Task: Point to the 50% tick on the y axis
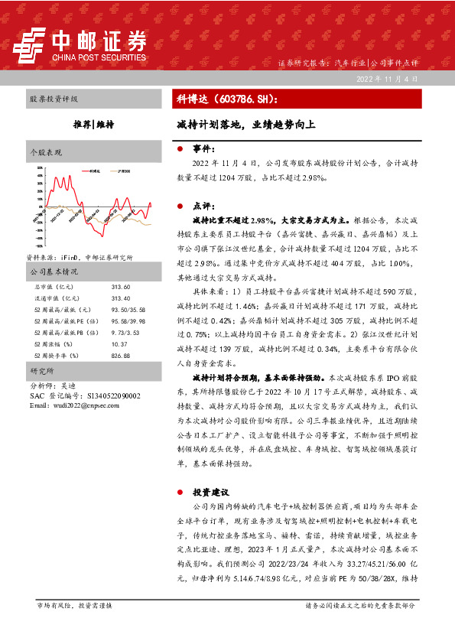tap(39, 176)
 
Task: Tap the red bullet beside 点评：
tap(179, 206)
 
